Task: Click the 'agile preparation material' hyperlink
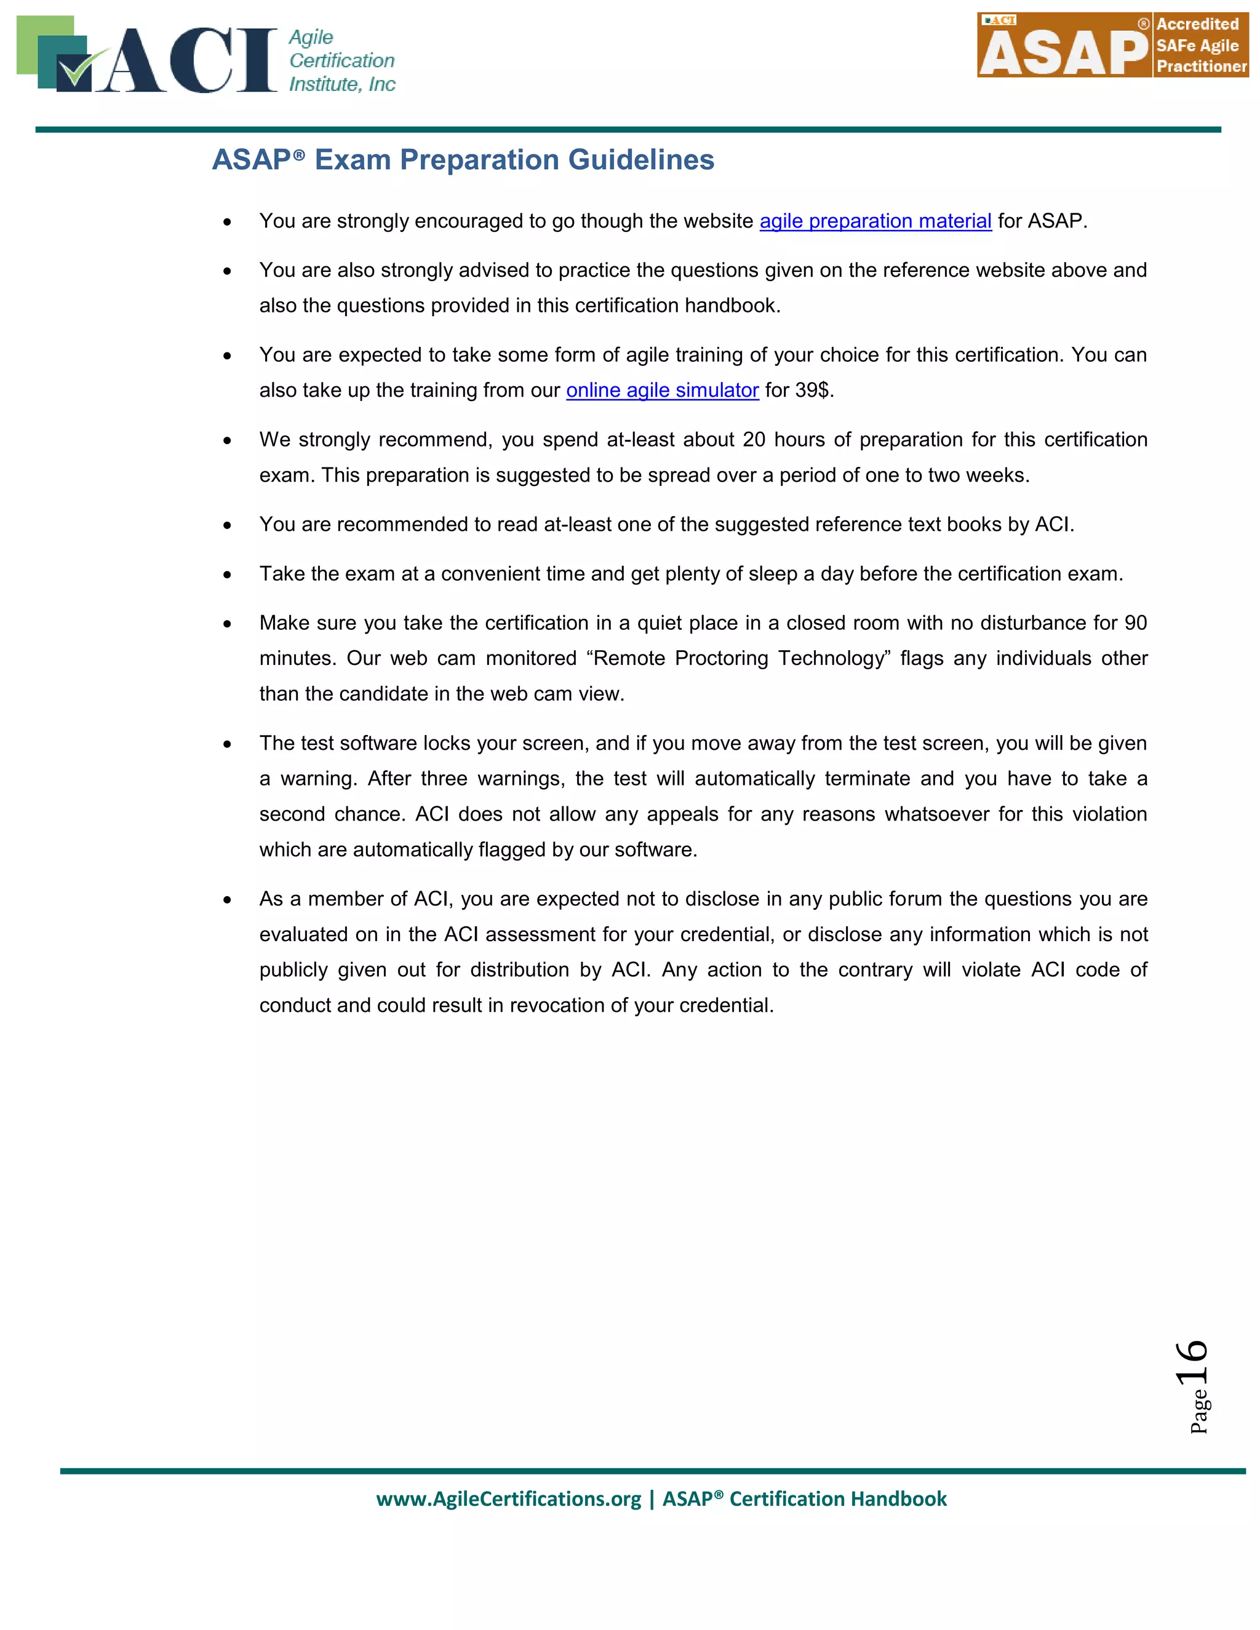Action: (875, 221)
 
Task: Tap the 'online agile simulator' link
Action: (662, 391)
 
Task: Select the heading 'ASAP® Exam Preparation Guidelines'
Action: (463, 160)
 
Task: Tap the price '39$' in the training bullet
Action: (811, 391)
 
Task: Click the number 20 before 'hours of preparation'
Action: (754, 440)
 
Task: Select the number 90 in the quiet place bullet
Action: (1135, 622)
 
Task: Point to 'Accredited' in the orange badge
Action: (1197, 24)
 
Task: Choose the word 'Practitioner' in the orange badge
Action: (1201, 66)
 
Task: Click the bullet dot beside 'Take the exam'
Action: (227, 574)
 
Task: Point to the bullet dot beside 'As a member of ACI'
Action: (227, 900)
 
